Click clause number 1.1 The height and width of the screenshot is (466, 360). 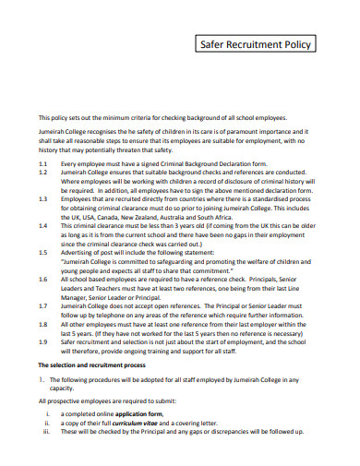point(42,162)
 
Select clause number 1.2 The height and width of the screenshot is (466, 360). point(42,173)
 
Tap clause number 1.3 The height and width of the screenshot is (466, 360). point(42,198)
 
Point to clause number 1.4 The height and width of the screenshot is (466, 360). point(42,224)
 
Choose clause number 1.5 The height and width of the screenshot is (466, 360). point(42,251)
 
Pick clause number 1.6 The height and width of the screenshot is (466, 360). point(42,277)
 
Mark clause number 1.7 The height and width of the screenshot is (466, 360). point(42,304)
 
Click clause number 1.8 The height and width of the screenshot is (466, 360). point(42,325)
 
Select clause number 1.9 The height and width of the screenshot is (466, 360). point(42,341)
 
